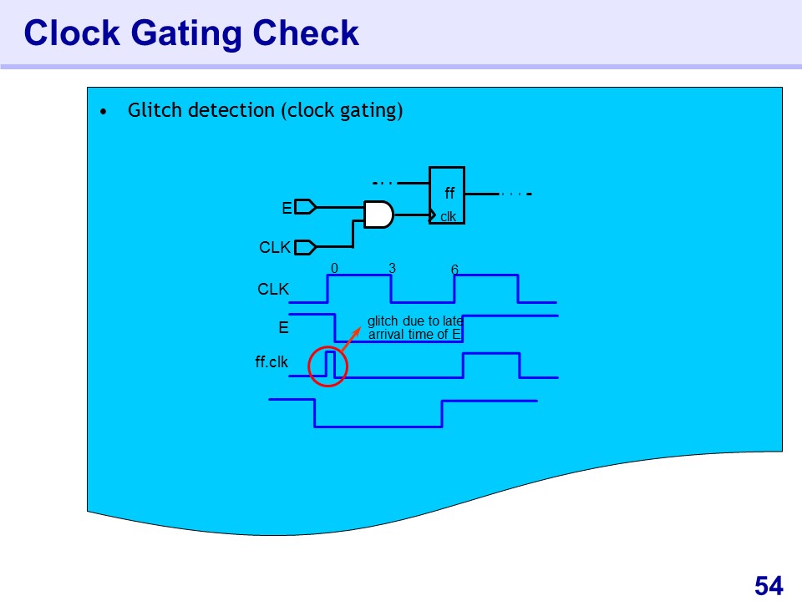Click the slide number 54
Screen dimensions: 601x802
click(769, 586)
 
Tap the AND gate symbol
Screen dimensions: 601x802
click(378, 215)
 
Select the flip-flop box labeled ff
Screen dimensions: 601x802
click(447, 194)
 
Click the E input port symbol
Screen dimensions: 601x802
click(306, 206)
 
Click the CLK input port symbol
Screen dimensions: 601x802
click(306, 247)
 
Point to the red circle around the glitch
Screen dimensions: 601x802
click(328, 366)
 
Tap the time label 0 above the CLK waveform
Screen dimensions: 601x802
click(334, 269)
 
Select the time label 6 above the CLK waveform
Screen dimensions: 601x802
click(454, 270)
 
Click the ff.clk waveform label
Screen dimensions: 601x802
click(272, 362)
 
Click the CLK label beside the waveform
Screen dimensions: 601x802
click(273, 290)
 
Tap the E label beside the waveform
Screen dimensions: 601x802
click(283, 328)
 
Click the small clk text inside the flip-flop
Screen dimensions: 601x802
click(449, 217)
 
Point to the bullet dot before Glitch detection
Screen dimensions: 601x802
click(103, 112)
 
